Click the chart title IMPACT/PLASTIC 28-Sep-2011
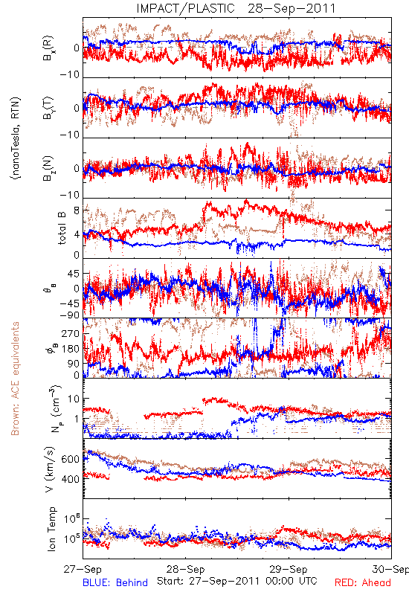pyautogui.click(x=236, y=8)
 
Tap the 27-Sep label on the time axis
pyautogui.click(x=83, y=569)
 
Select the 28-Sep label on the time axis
pyautogui.click(x=185, y=569)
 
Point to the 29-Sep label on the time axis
pyautogui.click(x=289, y=569)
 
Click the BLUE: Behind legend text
pyautogui.click(x=115, y=582)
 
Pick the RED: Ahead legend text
pyautogui.click(x=363, y=582)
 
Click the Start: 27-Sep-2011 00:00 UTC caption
pyautogui.click(x=237, y=581)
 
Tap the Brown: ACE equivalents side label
pyautogui.click(x=15, y=379)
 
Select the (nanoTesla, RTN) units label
pyautogui.click(x=16, y=138)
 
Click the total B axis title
pyautogui.click(x=62, y=228)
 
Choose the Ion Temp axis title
pyautogui.click(x=51, y=529)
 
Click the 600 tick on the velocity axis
pyautogui.click(x=70, y=459)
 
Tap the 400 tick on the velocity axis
pyautogui.click(x=70, y=479)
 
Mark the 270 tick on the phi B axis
pyautogui.click(x=71, y=334)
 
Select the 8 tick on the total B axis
pyautogui.click(x=77, y=210)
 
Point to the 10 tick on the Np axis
pyautogui.click(x=74, y=399)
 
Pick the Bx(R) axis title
pyautogui.click(x=48, y=48)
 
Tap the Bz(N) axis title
pyautogui.click(x=48, y=168)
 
